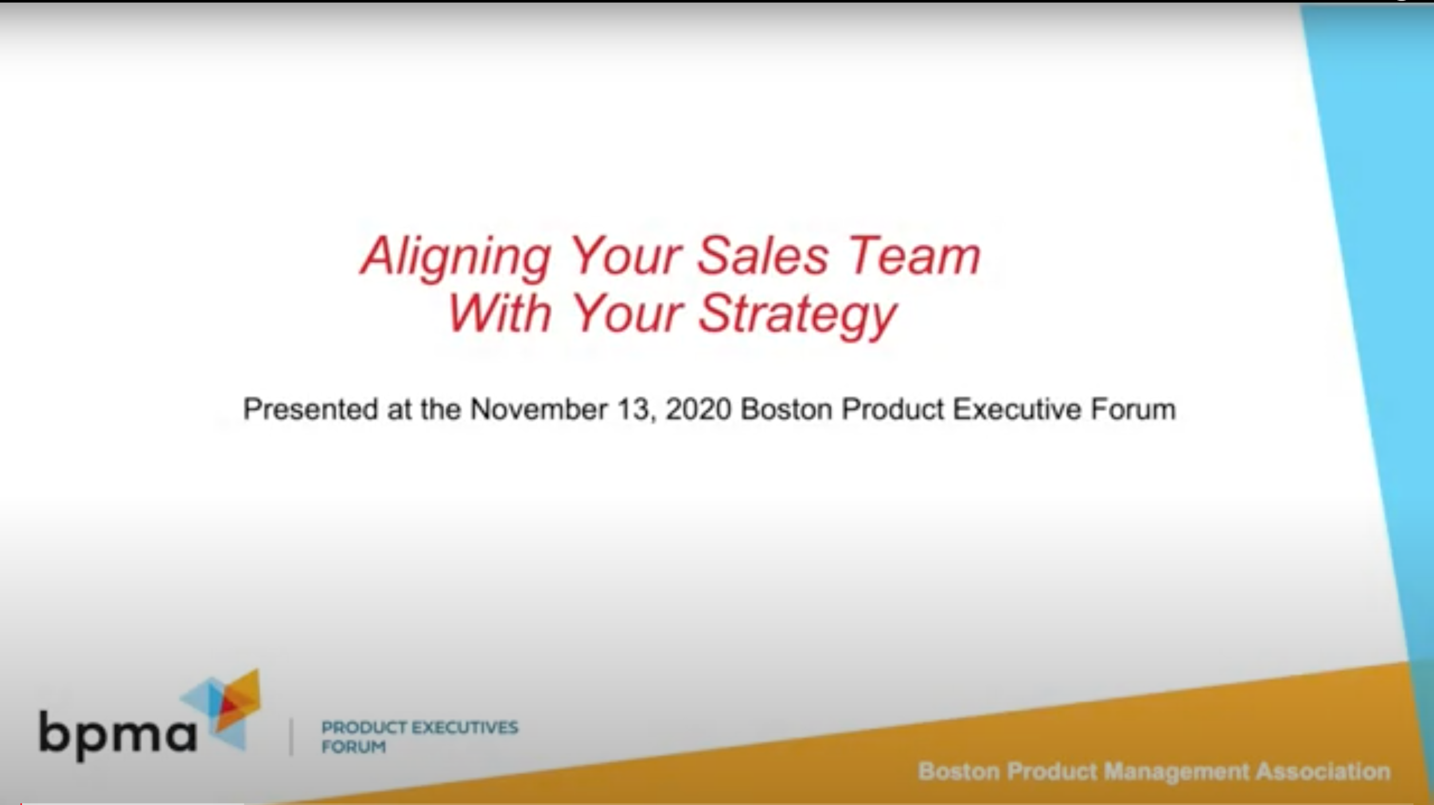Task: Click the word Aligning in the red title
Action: [x=456, y=258]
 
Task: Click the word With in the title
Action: [x=499, y=314]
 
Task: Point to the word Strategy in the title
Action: [x=797, y=316]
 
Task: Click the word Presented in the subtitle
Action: [x=310, y=410]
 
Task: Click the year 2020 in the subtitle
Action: [x=698, y=410]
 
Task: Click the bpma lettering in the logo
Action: [x=118, y=735]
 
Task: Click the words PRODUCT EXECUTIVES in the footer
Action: [x=419, y=728]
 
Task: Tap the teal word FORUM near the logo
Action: [x=353, y=747]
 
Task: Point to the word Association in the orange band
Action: [x=1323, y=772]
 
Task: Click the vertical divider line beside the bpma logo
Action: [x=291, y=737]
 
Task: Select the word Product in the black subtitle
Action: [x=893, y=410]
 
